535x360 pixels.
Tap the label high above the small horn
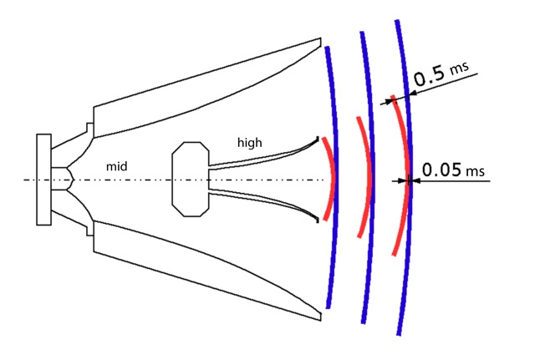tap(249, 143)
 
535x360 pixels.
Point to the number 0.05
tap(441, 170)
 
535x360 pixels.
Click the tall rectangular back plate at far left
tap(43, 179)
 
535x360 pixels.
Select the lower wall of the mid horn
tap(209, 276)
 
